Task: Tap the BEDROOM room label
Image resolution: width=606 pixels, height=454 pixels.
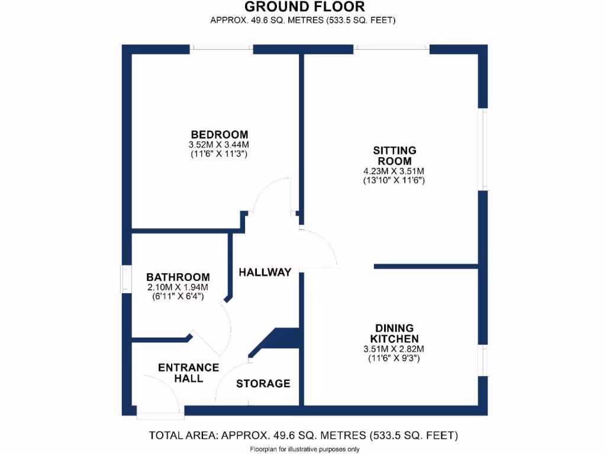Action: point(219,134)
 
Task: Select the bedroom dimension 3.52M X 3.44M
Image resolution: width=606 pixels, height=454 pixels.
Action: point(219,144)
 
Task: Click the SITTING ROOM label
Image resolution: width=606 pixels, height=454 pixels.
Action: point(394,155)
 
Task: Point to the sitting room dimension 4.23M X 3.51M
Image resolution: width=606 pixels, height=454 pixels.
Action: point(394,171)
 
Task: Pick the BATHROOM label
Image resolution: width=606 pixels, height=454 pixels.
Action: point(178,277)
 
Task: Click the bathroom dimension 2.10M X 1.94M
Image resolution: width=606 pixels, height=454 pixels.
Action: point(178,287)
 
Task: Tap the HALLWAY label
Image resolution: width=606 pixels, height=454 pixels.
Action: point(265,273)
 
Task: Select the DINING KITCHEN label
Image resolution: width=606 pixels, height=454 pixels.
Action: point(394,333)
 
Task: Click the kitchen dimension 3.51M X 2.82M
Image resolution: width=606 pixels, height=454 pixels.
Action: point(394,349)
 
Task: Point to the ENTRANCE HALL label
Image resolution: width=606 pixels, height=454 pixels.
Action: point(188,372)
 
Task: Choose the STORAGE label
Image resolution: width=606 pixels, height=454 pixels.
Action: point(263,384)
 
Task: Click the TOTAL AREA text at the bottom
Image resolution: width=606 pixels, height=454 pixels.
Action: point(303,436)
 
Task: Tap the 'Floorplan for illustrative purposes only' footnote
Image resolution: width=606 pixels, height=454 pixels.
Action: point(303,449)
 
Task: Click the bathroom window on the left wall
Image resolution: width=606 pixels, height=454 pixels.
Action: point(126,278)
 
